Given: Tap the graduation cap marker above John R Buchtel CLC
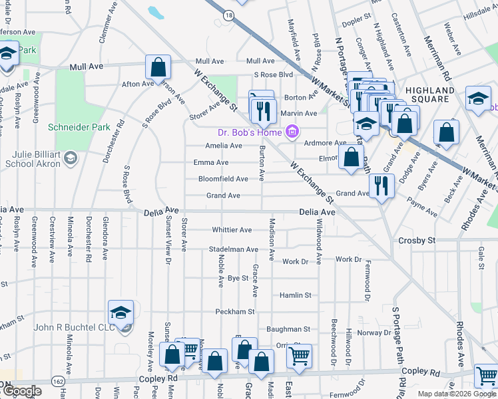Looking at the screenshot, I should tap(121, 312).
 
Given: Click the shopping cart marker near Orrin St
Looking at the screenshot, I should tap(300, 355).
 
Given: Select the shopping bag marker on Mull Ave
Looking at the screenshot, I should tap(158, 66).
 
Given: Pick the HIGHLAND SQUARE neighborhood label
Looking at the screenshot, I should tap(429, 90).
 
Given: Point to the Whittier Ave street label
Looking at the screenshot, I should tap(232, 230).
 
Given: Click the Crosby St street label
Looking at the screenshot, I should tap(416, 240).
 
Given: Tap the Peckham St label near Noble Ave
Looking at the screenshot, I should tap(235, 311).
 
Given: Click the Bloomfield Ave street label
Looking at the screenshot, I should tap(223, 179).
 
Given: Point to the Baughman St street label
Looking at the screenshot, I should tap(288, 329).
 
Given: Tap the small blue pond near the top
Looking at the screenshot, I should tap(156, 13).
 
